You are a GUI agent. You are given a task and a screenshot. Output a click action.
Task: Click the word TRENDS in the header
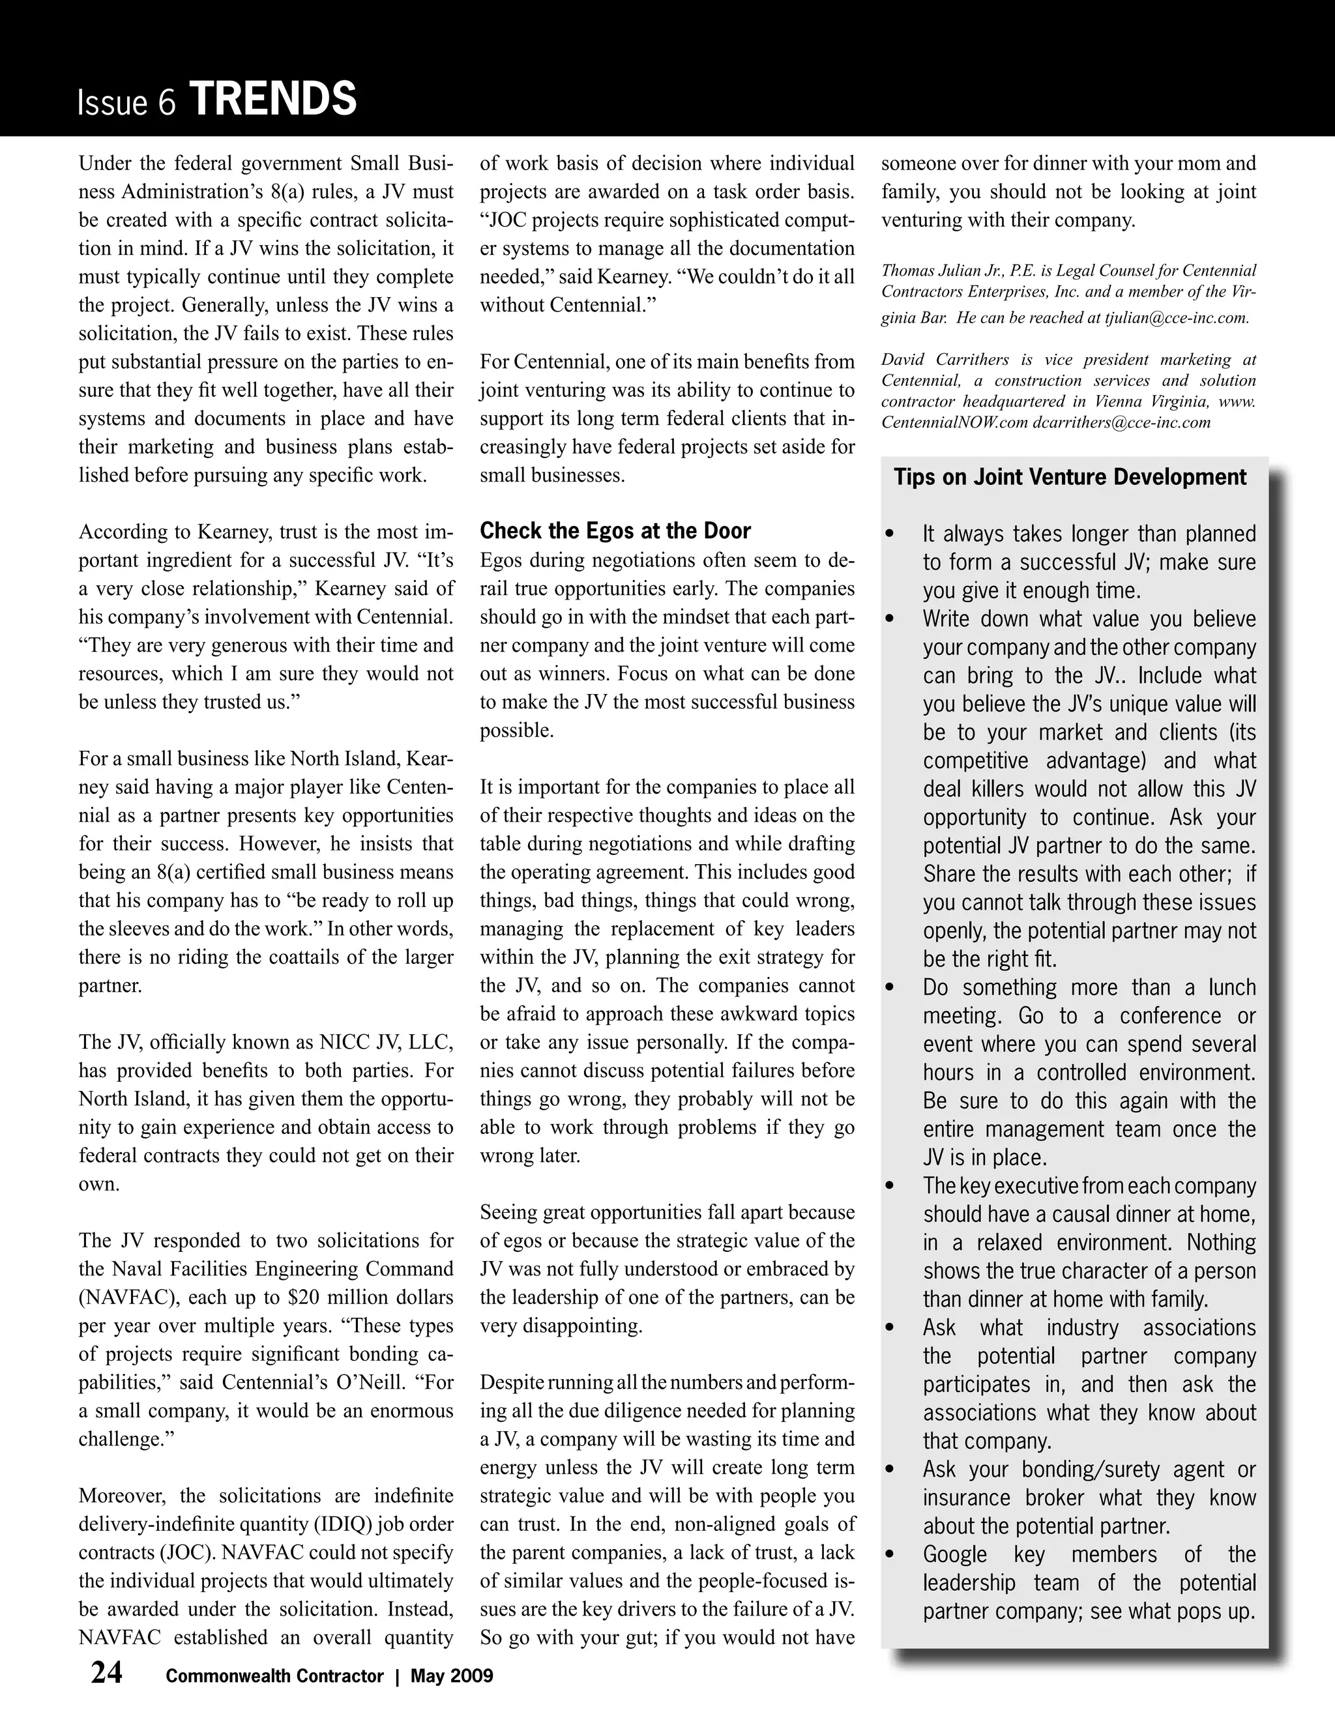click(x=274, y=100)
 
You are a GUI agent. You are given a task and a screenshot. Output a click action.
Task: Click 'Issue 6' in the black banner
click(x=126, y=104)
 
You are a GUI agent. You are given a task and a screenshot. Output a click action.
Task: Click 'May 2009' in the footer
click(x=452, y=1676)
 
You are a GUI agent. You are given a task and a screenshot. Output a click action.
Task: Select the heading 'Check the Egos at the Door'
click(x=615, y=530)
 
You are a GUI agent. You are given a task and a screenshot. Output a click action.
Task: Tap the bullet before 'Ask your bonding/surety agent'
click(x=890, y=1470)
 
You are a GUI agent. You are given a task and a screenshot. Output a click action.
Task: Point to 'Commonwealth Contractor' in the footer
click(x=274, y=1676)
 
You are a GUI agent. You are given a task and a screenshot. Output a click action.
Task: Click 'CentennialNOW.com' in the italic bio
click(x=954, y=422)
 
